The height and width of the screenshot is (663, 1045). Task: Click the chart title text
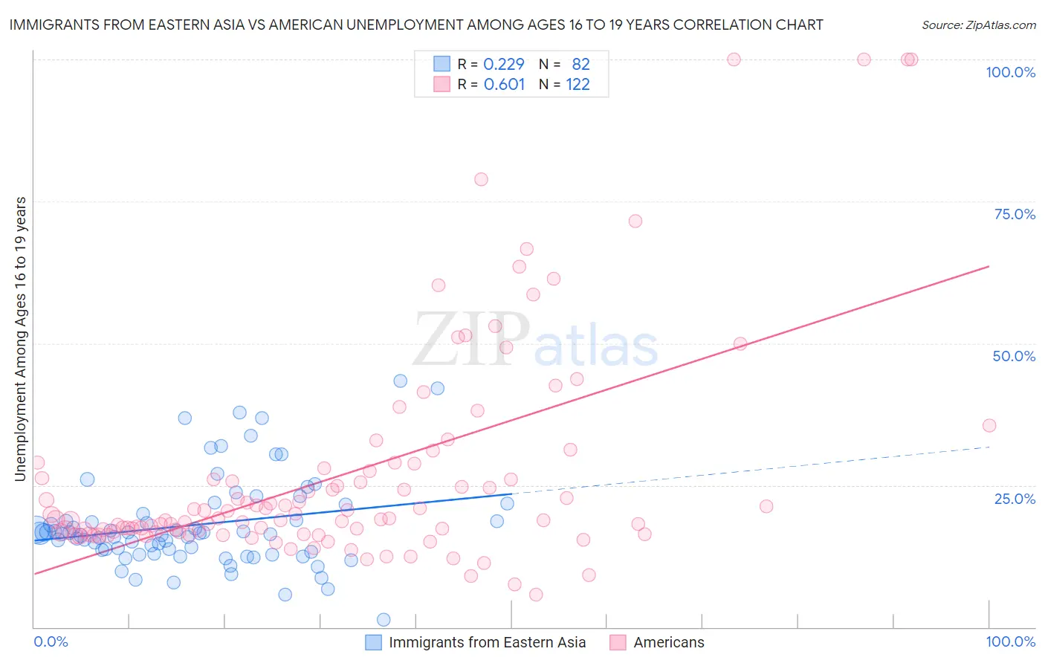tap(416, 25)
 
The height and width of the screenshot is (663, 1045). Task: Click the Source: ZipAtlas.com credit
tap(978, 25)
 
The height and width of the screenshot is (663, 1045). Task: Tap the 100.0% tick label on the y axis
tap(1010, 72)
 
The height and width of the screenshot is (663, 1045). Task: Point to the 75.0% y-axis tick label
tap(1015, 214)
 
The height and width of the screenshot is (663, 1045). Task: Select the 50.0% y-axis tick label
tap(1014, 356)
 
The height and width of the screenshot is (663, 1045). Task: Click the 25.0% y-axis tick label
tap(1015, 498)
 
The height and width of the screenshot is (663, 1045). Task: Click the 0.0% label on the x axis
tap(51, 641)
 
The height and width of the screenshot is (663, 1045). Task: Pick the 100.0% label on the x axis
tap(1010, 641)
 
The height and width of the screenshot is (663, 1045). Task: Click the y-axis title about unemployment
tap(21, 339)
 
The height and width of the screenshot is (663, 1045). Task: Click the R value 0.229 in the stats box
tap(504, 64)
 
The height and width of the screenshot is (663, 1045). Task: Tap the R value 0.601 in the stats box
tap(504, 84)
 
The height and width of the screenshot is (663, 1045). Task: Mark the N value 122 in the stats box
tap(577, 84)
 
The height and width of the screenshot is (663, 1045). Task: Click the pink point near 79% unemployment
tap(481, 179)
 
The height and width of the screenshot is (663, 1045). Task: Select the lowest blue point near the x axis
tap(384, 620)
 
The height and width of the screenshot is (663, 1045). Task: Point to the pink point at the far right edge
tap(989, 426)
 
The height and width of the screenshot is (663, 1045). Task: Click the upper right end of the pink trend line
tap(989, 266)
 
